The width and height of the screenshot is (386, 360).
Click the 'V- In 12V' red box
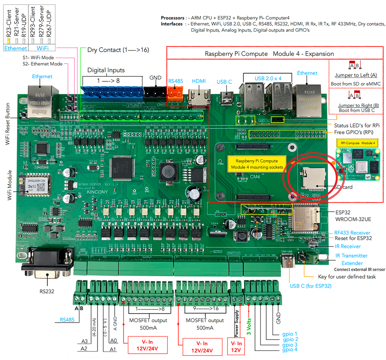coord(236,346)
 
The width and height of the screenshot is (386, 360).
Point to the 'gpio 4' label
coord(289,350)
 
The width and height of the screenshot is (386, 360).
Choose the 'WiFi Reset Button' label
coord(8,124)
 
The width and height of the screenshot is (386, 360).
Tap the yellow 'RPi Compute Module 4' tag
coord(357,143)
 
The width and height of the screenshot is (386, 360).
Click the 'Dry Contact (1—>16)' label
coord(118,50)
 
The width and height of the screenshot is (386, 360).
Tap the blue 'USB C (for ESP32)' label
coord(310,286)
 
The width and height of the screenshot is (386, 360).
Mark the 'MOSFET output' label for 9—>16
coord(205,320)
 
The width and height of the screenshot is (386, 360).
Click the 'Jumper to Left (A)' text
coord(357,75)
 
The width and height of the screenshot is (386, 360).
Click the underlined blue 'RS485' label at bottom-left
coord(68,319)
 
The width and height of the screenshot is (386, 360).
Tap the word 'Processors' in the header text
coord(172,18)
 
